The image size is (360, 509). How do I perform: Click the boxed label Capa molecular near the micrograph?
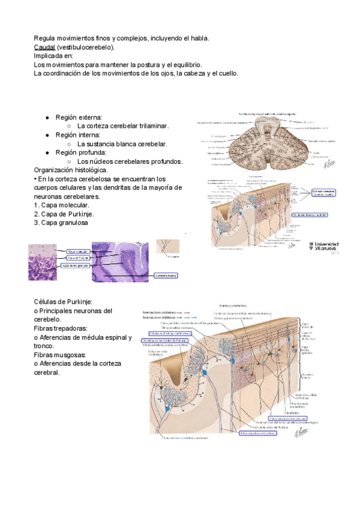coord(77,251)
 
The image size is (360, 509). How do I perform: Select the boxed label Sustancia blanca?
coord(166,276)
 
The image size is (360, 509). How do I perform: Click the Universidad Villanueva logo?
coord(324,247)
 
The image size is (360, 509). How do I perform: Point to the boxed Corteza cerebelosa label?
coord(325,192)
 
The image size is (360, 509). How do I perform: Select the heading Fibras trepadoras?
coord(61,328)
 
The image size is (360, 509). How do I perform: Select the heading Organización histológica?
coord(71,170)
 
